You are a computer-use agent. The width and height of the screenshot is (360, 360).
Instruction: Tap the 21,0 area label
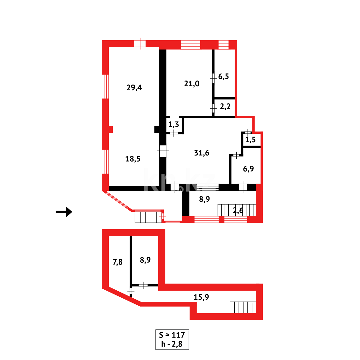[192, 83]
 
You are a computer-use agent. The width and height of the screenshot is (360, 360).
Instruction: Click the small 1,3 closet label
[173, 125]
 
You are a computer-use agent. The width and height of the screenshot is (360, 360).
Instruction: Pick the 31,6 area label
[202, 153]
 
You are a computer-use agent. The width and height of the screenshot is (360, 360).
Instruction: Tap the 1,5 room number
[250, 140]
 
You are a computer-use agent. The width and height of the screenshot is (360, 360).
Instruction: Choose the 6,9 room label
[248, 169]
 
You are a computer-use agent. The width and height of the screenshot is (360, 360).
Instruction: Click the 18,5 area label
[133, 159]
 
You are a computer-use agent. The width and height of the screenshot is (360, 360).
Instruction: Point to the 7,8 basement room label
[117, 262]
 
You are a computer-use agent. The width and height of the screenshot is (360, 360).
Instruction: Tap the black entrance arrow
[64, 212]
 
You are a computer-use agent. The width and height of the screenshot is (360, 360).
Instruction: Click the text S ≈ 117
[172, 335]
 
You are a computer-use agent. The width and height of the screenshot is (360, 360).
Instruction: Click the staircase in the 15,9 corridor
[243, 307]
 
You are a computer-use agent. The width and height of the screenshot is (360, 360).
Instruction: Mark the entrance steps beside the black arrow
[147, 217]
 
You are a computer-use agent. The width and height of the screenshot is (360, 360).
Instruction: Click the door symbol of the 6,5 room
[213, 78]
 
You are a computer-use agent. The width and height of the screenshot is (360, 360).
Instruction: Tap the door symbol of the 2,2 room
[213, 108]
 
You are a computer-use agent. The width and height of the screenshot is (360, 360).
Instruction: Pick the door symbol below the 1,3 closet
[174, 133]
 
